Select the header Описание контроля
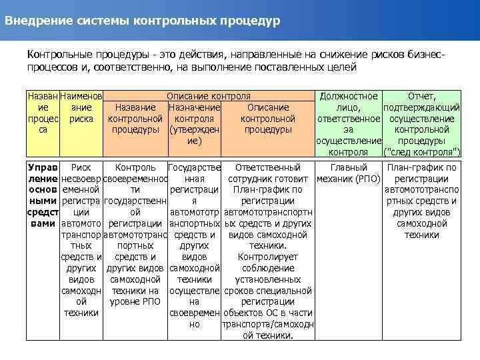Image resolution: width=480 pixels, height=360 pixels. (x=209, y=96)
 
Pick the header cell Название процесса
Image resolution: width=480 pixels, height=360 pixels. (x=43, y=113)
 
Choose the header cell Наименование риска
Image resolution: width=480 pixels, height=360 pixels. (x=81, y=113)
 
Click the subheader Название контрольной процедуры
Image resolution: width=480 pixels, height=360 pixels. (x=135, y=118)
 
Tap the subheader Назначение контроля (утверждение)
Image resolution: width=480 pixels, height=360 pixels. (x=194, y=124)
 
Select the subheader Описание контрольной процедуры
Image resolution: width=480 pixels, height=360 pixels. (x=267, y=118)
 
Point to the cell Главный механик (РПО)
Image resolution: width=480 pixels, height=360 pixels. (x=348, y=173)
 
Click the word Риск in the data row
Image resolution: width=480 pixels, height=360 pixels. (x=81, y=167)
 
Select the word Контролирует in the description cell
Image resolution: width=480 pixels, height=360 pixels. (x=267, y=257)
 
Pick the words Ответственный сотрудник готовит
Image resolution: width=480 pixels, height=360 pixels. (x=267, y=173)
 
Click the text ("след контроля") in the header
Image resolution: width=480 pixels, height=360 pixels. (x=421, y=152)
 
